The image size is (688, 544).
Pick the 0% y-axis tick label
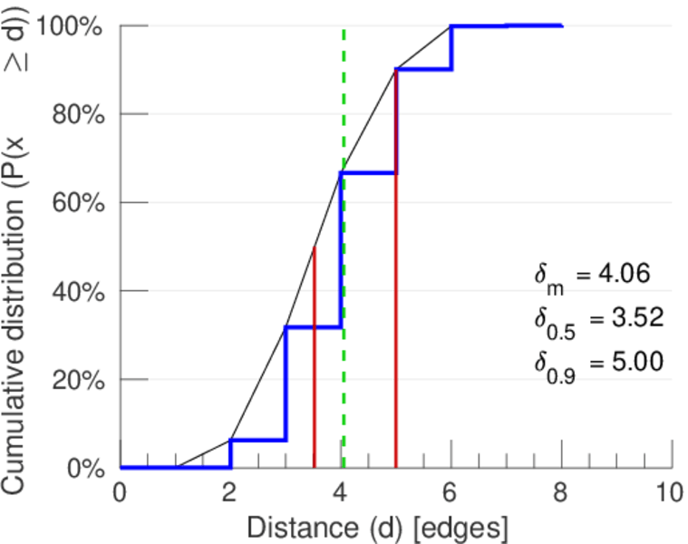point(83,468)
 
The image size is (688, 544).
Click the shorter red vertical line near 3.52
point(314,363)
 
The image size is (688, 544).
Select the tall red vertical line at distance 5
point(396,272)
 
